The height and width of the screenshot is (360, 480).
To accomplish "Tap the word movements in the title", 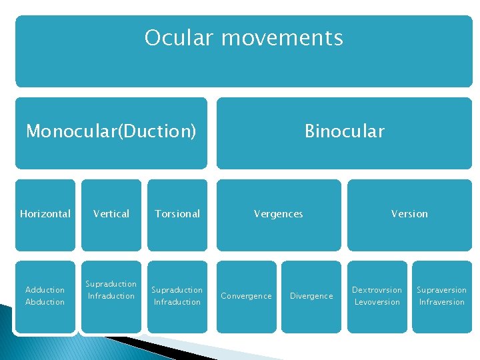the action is coord(281,38).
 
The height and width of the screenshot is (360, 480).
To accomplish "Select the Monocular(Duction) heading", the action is coord(111,131).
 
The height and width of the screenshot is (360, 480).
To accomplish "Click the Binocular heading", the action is coord(344,131).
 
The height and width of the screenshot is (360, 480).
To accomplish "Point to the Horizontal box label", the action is coord(45,214).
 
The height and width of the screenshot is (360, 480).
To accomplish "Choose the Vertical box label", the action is coord(111,214).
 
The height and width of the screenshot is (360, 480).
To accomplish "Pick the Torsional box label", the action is coord(177,214).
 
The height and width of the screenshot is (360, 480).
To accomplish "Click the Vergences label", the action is coord(278,214).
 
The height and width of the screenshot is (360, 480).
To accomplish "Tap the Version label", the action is coord(409,214).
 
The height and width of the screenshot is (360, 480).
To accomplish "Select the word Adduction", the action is coord(45,290).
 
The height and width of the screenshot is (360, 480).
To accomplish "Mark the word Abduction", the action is coord(45,302).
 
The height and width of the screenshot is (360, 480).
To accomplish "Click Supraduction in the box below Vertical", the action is coord(111,284).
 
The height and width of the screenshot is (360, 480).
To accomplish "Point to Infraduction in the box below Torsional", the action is coord(177,302).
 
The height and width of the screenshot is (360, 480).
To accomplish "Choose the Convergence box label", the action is coord(247,296).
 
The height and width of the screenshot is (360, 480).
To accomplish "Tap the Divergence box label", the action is coord(311,296).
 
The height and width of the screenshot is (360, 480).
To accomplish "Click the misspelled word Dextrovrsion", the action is coord(377,290).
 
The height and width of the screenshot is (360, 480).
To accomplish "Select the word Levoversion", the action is coord(377,302).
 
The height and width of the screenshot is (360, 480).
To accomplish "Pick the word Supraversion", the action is coord(442,290).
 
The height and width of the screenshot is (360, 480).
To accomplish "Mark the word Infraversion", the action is coord(442,302).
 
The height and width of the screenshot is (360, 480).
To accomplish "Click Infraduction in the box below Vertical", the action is coord(111,296).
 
